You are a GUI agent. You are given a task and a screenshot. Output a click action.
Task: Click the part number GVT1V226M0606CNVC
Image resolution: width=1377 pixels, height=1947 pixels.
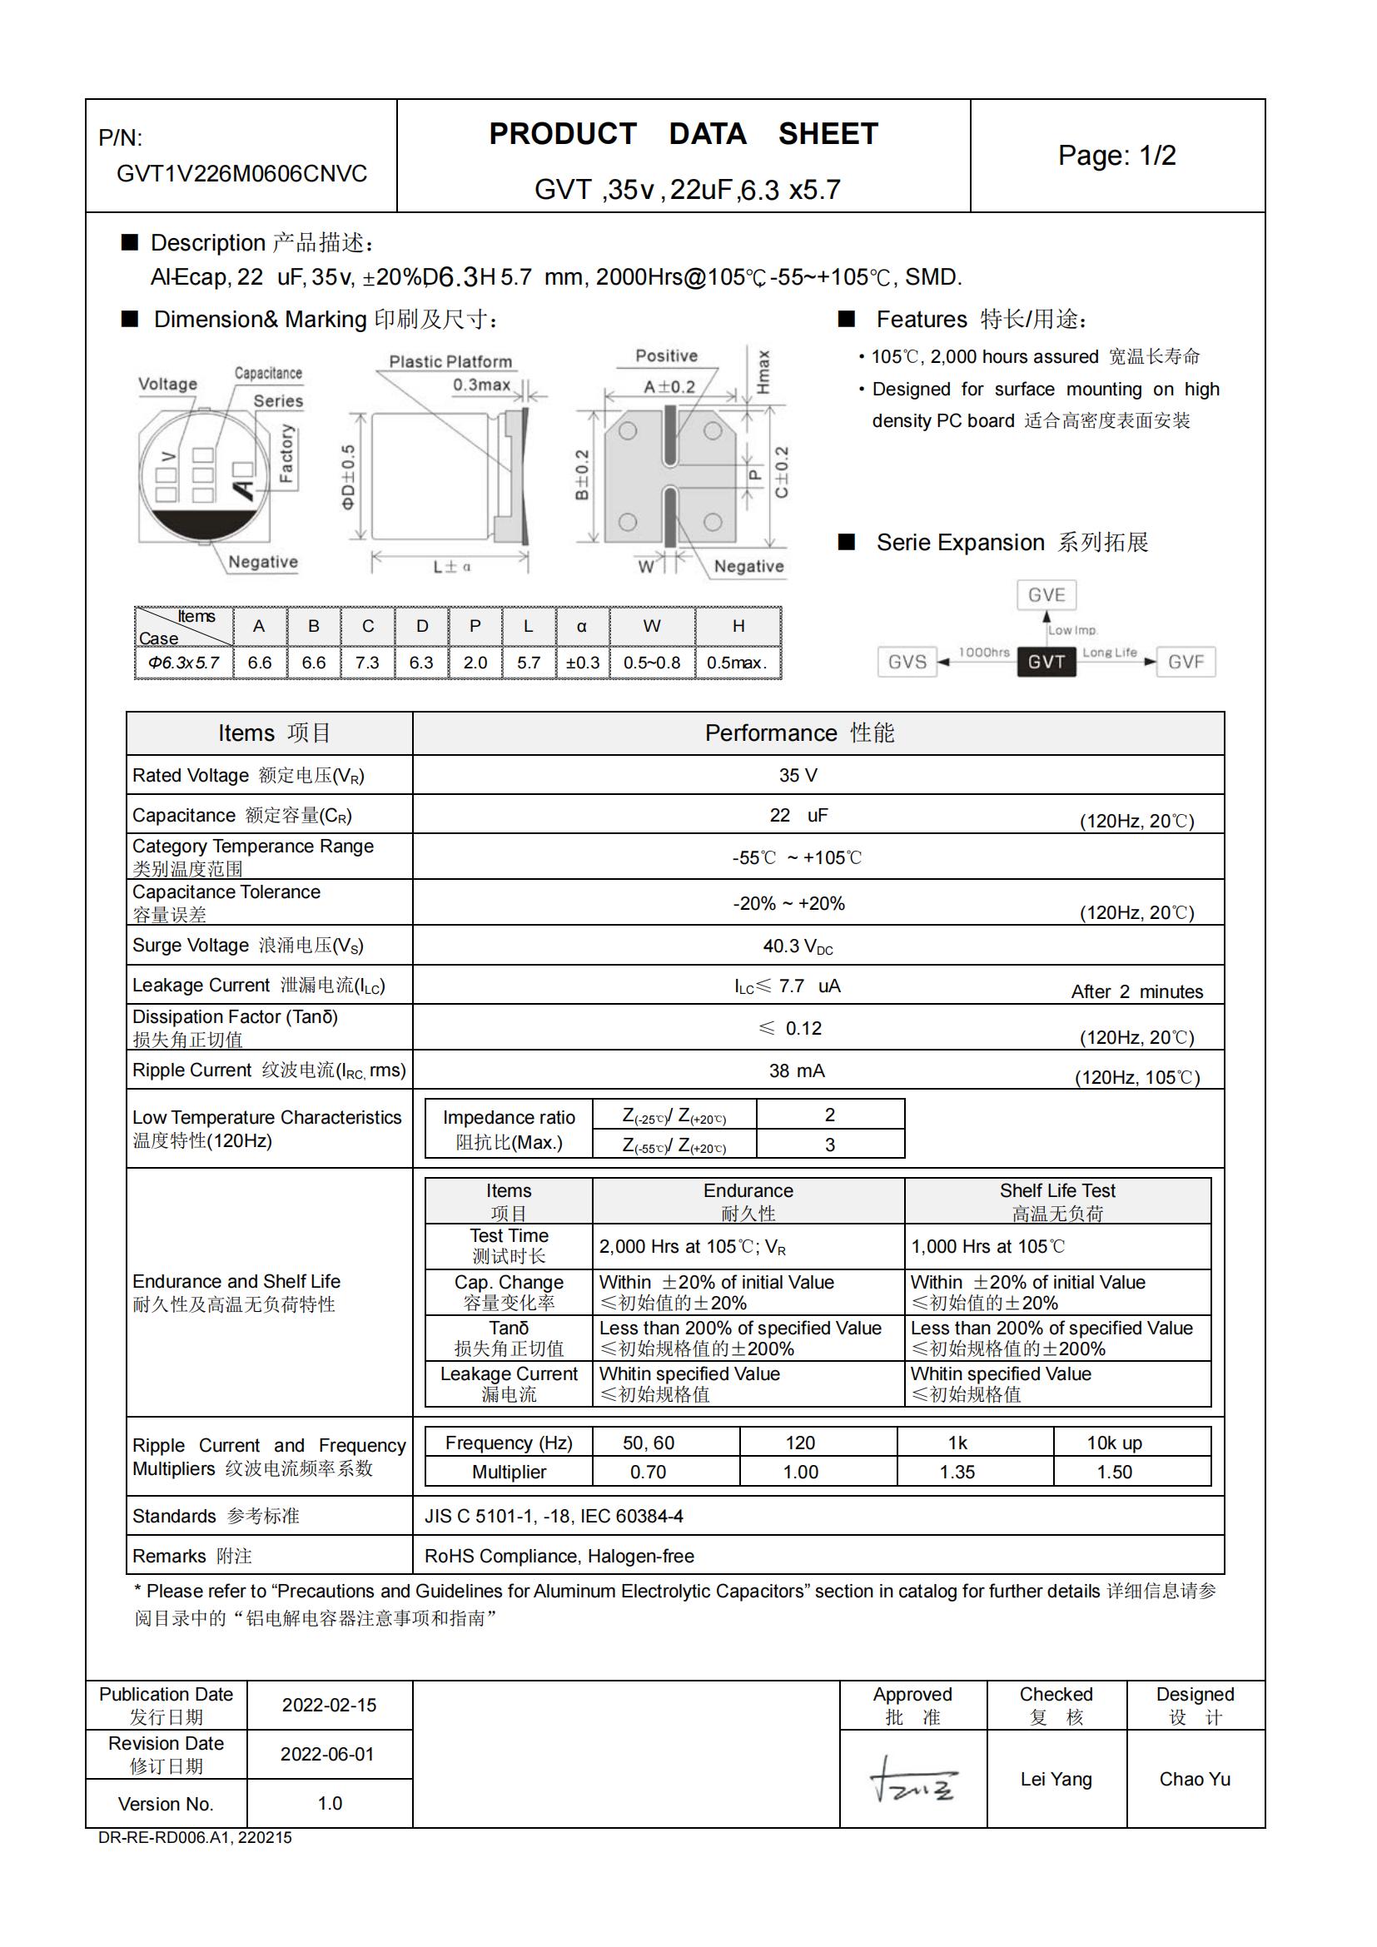tap(241, 174)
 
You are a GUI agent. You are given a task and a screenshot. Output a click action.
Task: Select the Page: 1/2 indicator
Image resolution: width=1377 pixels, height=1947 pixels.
tap(1116, 155)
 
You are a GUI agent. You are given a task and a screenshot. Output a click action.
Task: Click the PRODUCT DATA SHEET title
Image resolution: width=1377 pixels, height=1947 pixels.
tap(684, 134)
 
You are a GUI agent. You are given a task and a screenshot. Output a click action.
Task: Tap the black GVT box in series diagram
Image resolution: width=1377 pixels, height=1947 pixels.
tap(1046, 662)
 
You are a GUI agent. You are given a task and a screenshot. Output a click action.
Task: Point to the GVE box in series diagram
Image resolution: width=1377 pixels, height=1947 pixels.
tap(1046, 595)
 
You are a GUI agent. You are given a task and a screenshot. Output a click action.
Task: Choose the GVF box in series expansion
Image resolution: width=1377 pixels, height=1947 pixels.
tap(1186, 663)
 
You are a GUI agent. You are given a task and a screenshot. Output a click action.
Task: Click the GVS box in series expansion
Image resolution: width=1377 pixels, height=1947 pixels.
tap(907, 663)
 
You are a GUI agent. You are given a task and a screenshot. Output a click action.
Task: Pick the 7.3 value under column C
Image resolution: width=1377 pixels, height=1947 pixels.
tap(367, 663)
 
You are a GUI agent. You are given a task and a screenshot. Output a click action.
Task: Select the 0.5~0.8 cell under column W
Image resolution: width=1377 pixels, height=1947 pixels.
tap(651, 663)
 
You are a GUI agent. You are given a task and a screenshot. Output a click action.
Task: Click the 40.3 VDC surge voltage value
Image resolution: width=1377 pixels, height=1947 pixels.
tap(797, 946)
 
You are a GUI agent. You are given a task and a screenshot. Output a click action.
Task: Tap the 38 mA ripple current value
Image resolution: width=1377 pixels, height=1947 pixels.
tap(796, 1071)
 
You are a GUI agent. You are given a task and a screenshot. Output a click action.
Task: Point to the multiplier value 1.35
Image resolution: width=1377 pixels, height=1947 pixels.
tap(957, 1473)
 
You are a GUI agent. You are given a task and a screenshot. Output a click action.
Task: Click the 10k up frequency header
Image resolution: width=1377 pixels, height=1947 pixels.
tap(1113, 1443)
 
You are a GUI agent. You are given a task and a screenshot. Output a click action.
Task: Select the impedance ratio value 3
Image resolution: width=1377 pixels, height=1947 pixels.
tap(829, 1145)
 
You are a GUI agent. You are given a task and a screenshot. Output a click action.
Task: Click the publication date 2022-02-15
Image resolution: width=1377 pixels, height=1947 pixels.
tap(329, 1706)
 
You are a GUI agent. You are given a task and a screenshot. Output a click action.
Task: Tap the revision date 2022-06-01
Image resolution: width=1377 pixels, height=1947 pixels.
tap(327, 1755)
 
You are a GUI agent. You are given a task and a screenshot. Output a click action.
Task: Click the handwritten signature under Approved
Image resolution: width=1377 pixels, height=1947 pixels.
tap(912, 1780)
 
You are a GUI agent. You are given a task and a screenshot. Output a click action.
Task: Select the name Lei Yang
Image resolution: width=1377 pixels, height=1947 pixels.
tap(1056, 1780)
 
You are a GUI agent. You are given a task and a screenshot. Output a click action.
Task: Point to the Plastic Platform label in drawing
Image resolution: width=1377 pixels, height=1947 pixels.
tap(450, 362)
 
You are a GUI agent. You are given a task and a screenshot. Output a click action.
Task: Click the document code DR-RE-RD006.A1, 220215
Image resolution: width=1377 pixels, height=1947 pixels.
tap(195, 1839)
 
